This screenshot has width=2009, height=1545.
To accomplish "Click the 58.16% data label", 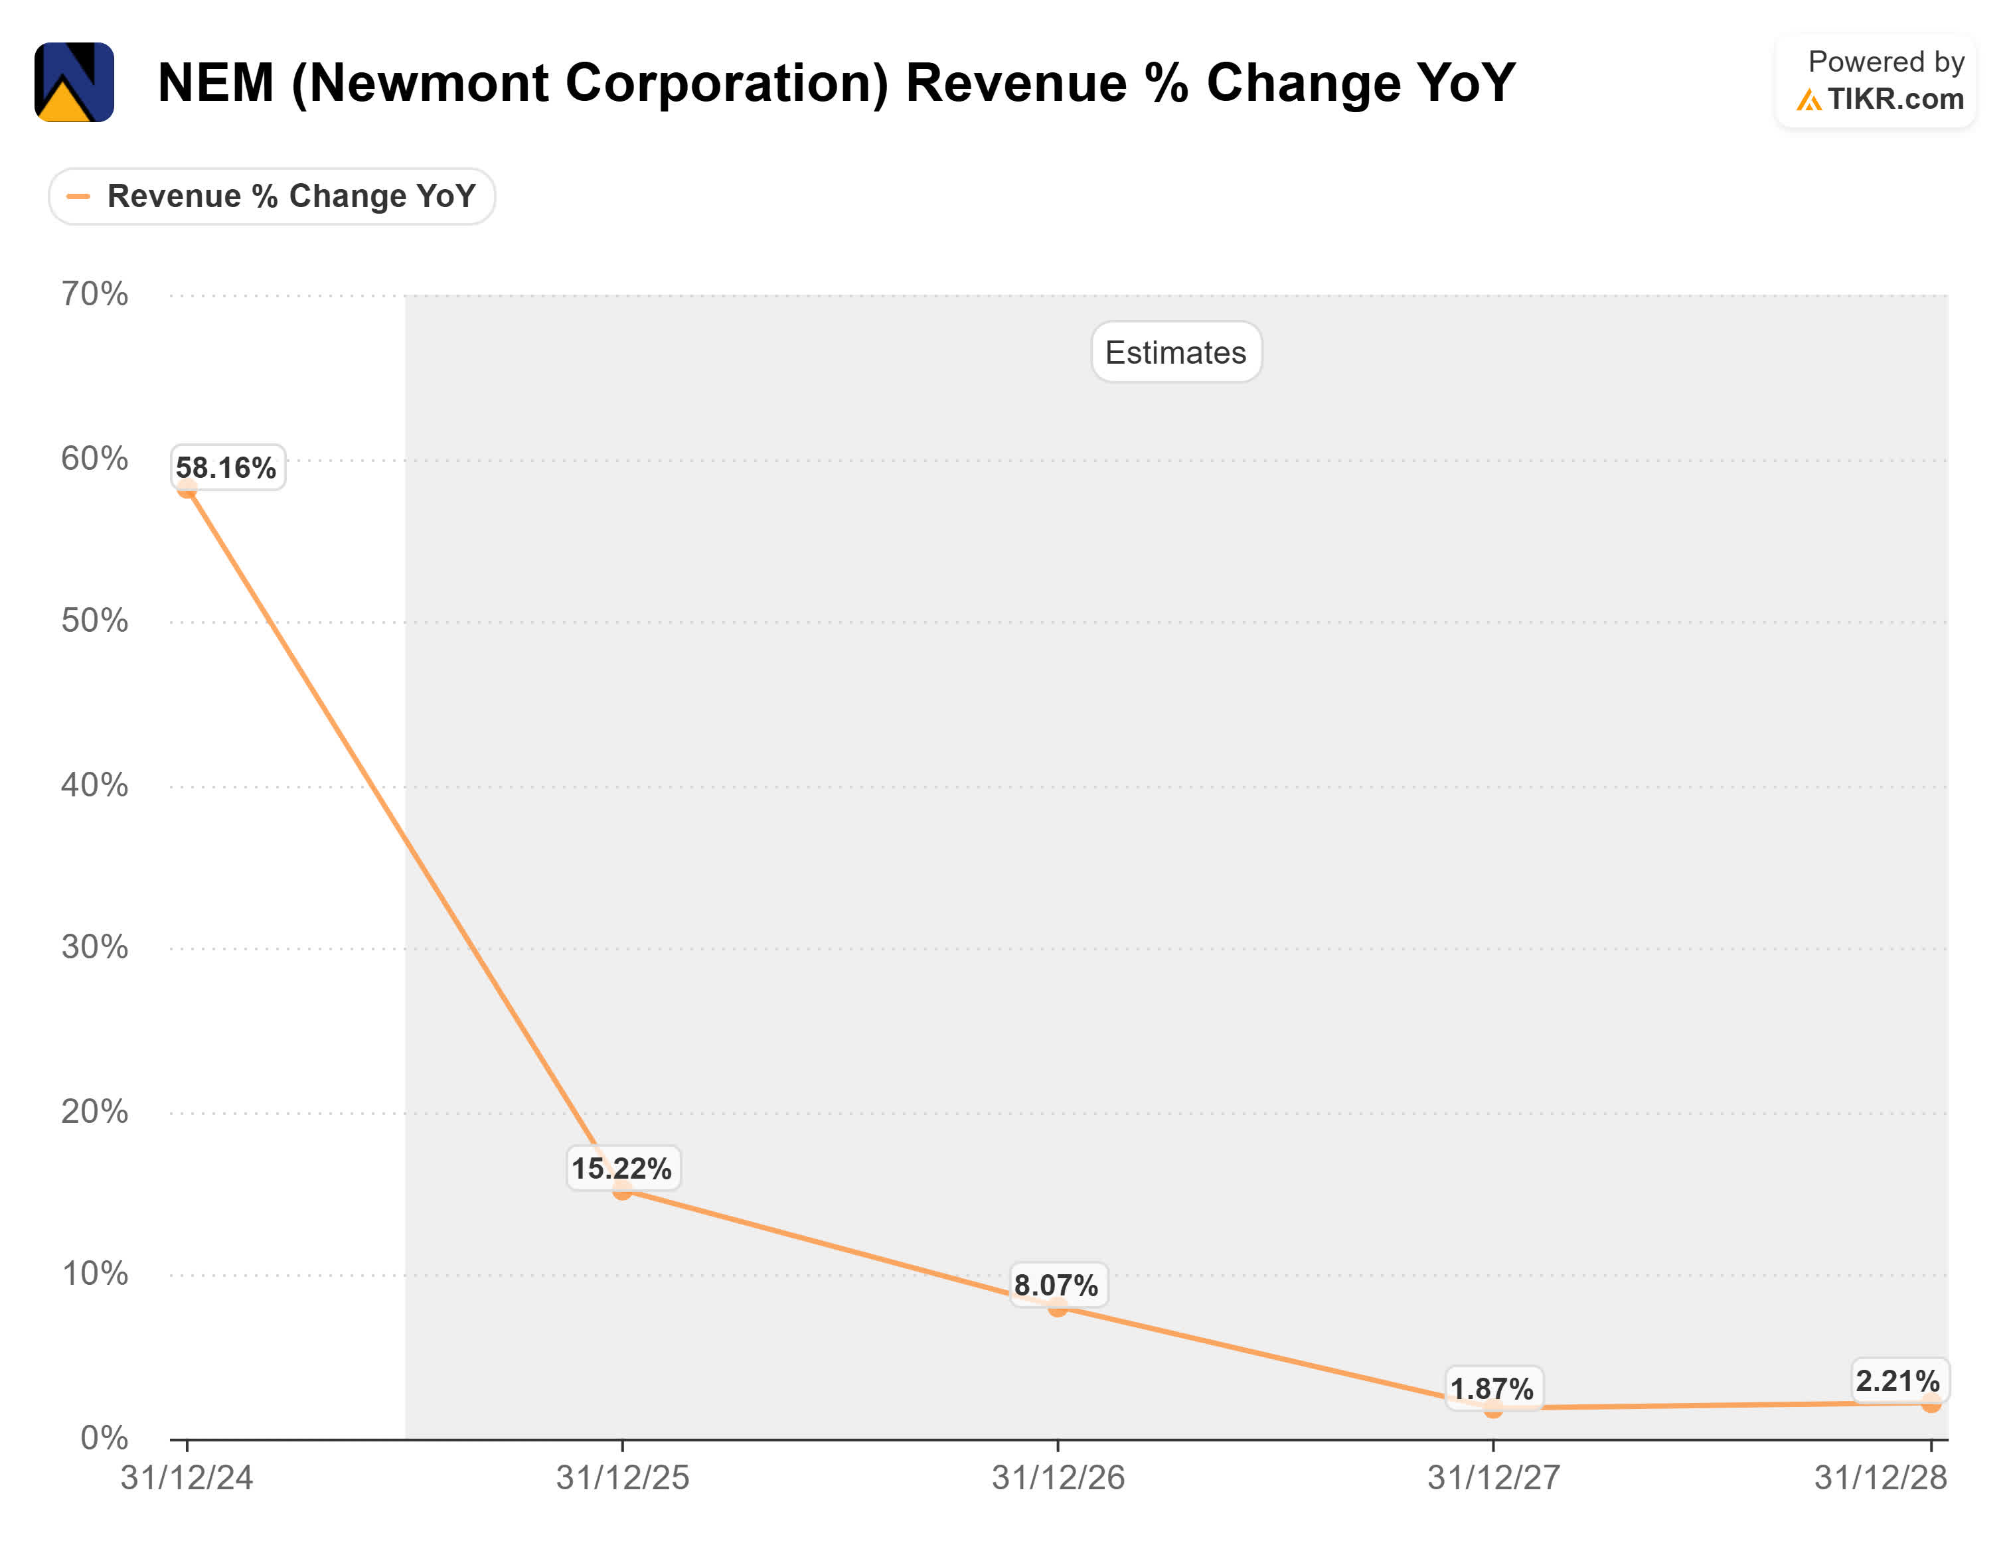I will point(226,468).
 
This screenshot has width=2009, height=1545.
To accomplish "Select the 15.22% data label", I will point(622,1169).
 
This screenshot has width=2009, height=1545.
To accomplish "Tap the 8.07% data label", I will point(1056,1286).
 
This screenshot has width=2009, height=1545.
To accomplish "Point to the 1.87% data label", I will point(1491,1388).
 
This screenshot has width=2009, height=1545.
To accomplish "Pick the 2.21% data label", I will point(1897,1381).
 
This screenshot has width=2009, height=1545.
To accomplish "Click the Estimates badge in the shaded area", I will point(1176,352).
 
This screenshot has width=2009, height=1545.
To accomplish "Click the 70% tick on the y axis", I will point(95,294).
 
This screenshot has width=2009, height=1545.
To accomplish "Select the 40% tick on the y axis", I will point(95,784).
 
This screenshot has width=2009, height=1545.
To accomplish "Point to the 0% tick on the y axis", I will point(104,1437).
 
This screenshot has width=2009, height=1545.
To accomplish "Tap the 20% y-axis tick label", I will point(95,1112).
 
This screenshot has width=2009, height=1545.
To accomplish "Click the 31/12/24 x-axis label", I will point(187,1478).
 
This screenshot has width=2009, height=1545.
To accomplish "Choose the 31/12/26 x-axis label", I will point(1058,1478).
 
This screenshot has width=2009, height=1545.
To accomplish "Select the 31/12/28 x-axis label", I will point(1880,1478).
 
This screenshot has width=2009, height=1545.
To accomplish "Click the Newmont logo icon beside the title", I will point(74,82).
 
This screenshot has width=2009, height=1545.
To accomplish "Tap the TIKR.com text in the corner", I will point(1895,98).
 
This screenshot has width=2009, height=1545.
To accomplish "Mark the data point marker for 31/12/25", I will point(623,1191).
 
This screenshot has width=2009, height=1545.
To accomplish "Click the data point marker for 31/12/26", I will point(1058,1307).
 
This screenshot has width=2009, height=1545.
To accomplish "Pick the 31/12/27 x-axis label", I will point(1493,1478).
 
